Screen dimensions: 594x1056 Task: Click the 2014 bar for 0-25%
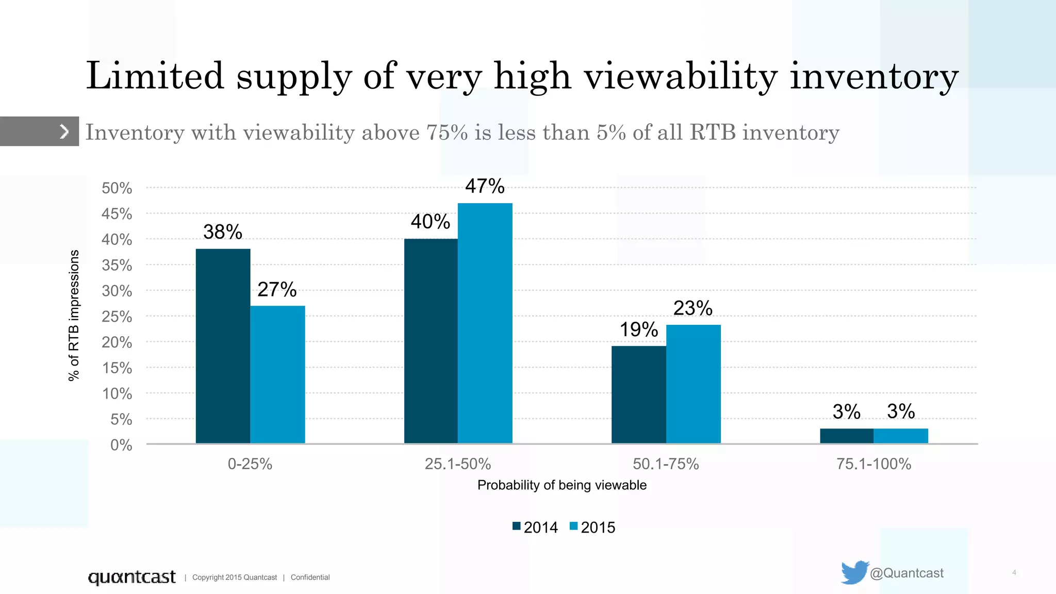223,346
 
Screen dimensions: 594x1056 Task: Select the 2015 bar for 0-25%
277,374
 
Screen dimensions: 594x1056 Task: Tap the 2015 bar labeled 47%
485,323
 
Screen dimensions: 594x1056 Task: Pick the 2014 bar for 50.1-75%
638,394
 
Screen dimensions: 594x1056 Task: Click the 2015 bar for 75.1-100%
900,436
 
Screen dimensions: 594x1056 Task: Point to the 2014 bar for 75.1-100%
846,436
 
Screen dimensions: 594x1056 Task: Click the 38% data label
222,232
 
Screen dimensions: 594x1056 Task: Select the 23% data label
692,308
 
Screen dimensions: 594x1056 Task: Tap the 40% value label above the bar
430,222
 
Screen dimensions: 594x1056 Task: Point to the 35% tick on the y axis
117,265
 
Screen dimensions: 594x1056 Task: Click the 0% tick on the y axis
121,445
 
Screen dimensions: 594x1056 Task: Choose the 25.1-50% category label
457,464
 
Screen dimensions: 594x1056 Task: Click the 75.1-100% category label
873,464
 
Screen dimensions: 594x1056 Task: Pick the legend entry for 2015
592,527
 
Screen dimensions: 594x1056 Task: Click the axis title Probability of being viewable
562,485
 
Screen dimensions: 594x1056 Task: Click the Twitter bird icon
854,572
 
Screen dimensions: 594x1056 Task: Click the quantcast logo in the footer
131,577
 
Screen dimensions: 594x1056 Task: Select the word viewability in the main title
680,76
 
